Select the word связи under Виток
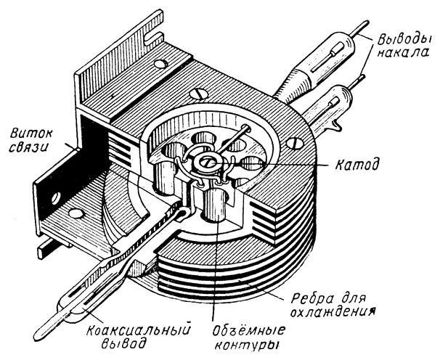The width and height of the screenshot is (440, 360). (x=30, y=150)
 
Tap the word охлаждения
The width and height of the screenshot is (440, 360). (x=338, y=314)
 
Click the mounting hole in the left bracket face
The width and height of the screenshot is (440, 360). (x=55, y=197)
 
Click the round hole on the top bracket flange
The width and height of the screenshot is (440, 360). (x=158, y=65)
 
